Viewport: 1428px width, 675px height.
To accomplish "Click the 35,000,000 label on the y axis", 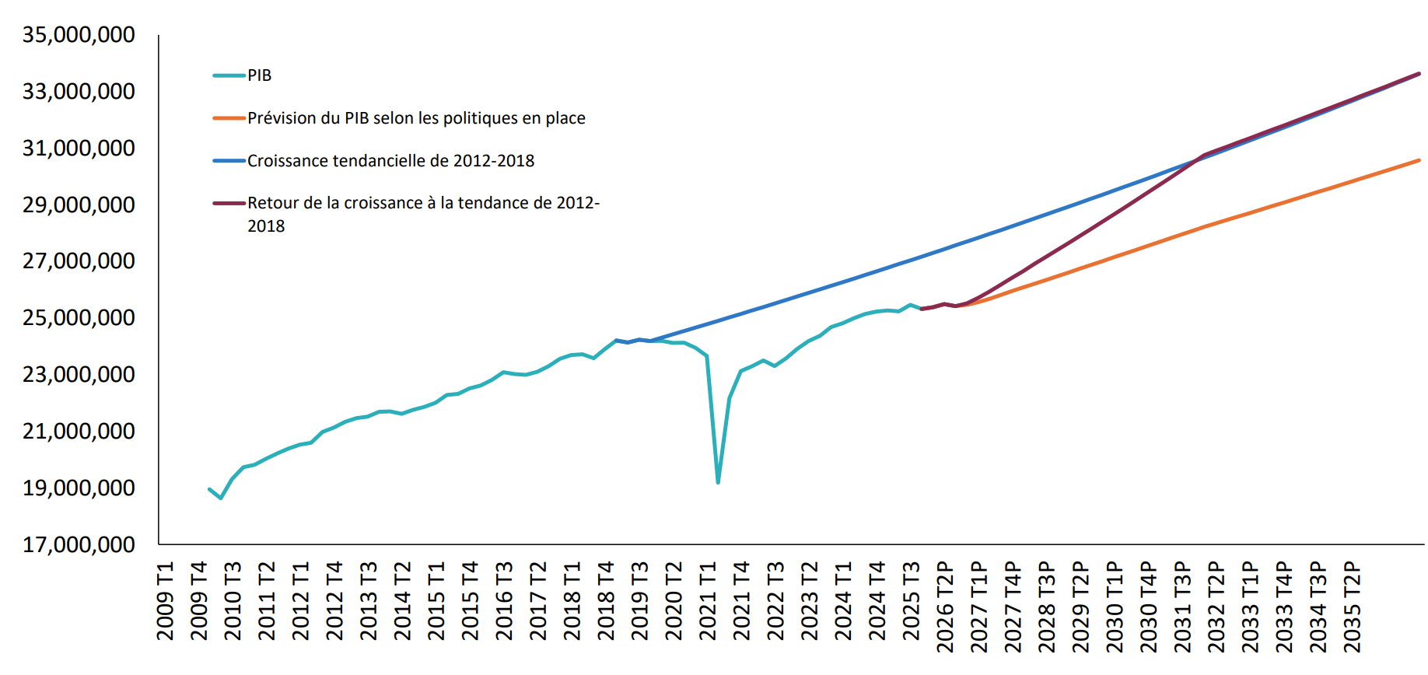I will point(79,35).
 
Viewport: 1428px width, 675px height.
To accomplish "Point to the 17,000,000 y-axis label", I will point(79,544).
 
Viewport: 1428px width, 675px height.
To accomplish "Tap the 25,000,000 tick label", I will point(79,317).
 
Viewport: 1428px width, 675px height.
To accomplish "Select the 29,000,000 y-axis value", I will point(79,205).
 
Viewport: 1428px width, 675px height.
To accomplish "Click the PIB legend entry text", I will point(259,75).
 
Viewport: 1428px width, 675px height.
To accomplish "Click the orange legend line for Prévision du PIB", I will point(229,118).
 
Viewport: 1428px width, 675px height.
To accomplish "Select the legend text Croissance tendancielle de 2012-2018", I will point(390,161).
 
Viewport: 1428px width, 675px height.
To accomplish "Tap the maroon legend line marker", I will point(229,203).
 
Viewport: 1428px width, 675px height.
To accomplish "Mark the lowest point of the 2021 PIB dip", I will point(718,483).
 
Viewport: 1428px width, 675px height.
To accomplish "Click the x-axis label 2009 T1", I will point(166,600).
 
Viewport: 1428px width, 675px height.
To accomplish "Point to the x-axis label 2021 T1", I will point(708,600).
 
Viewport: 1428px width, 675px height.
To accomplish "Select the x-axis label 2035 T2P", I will point(1353,607).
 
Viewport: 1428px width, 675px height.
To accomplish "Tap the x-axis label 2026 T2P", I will point(945,607).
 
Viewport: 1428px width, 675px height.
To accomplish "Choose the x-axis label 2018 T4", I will point(606,600).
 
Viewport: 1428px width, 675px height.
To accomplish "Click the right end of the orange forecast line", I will point(1419,160).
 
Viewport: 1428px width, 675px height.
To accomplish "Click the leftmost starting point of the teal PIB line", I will point(210,489).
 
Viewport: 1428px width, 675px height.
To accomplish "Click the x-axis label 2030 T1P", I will point(1115,607).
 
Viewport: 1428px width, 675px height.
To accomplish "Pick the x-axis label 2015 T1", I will point(436,600).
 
